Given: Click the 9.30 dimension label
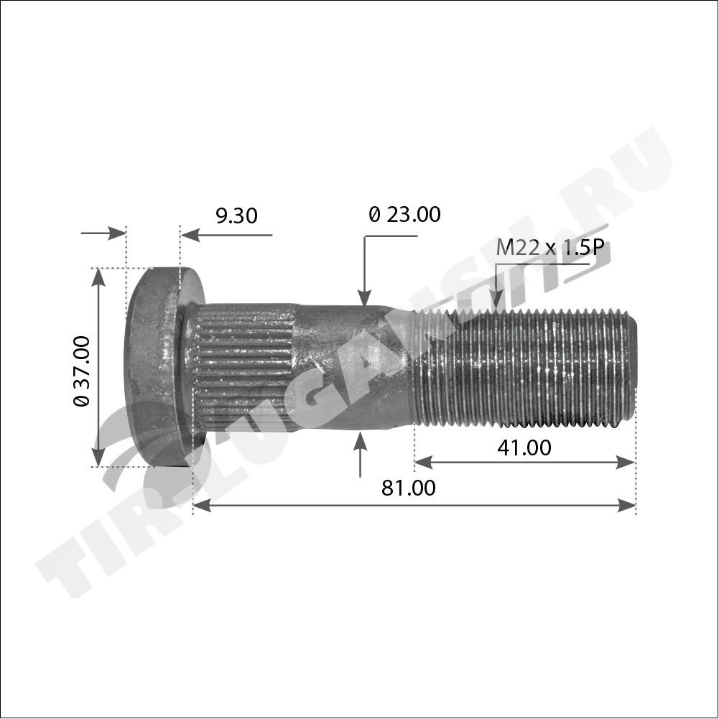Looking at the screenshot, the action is coord(236,215).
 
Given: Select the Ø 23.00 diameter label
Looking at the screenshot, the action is coord(404,214).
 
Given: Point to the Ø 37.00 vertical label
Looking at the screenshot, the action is coord(82,371).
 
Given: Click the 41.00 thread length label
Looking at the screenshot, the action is coord(524,448).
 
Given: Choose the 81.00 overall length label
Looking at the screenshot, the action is coord(409,488).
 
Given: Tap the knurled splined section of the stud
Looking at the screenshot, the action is coord(243,367).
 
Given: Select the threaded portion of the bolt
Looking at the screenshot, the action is coord(525,368).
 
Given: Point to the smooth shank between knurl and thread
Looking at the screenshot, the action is coord(353,367).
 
